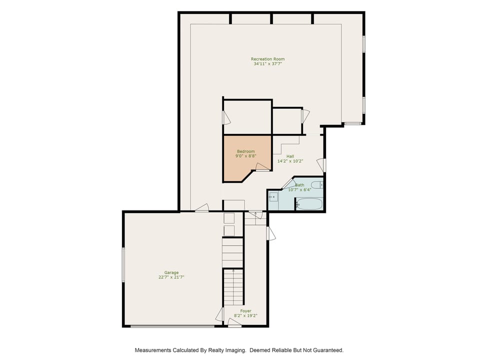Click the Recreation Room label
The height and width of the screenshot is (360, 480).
click(x=267, y=59)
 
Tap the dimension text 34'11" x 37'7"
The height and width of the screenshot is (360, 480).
click(x=267, y=64)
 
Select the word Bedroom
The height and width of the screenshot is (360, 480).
click(x=245, y=151)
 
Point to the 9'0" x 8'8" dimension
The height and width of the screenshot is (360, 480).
click(x=245, y=156)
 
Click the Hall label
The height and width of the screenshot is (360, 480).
click(x=290, y=156)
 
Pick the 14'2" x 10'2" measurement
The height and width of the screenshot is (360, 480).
click(x=290, y=161)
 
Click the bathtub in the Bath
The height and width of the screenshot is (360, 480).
click(x=309, y=204)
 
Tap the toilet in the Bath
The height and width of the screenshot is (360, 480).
click(x=317, y=185)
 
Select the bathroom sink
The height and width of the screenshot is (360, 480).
click(x=273, y=197)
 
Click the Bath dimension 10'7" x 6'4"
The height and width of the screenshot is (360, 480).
click(x=299, y=189)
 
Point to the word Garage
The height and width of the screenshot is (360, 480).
click(x=168, y=272)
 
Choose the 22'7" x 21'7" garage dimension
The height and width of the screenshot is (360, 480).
click(x=168, y=277)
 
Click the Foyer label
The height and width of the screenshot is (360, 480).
click(x=245, y=310)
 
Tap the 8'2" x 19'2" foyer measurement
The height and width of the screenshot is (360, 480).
click(x=245, y=315)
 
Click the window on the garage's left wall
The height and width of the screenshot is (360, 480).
click(x=123, y=264)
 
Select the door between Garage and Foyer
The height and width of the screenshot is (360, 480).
click(x=219, y=314)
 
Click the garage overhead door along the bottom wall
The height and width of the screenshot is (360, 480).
click(x=172, y=326)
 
